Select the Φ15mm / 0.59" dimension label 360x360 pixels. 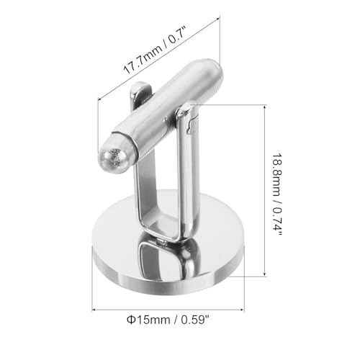tap(168, 320)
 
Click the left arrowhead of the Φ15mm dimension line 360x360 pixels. tap(94, 310)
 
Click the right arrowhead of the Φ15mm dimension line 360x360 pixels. tap(242, 310)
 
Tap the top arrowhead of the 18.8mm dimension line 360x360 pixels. tap(264, 107)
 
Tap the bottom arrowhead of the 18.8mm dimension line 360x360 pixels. tap(264, 274)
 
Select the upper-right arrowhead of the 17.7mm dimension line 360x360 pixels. tap(217, 18)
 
